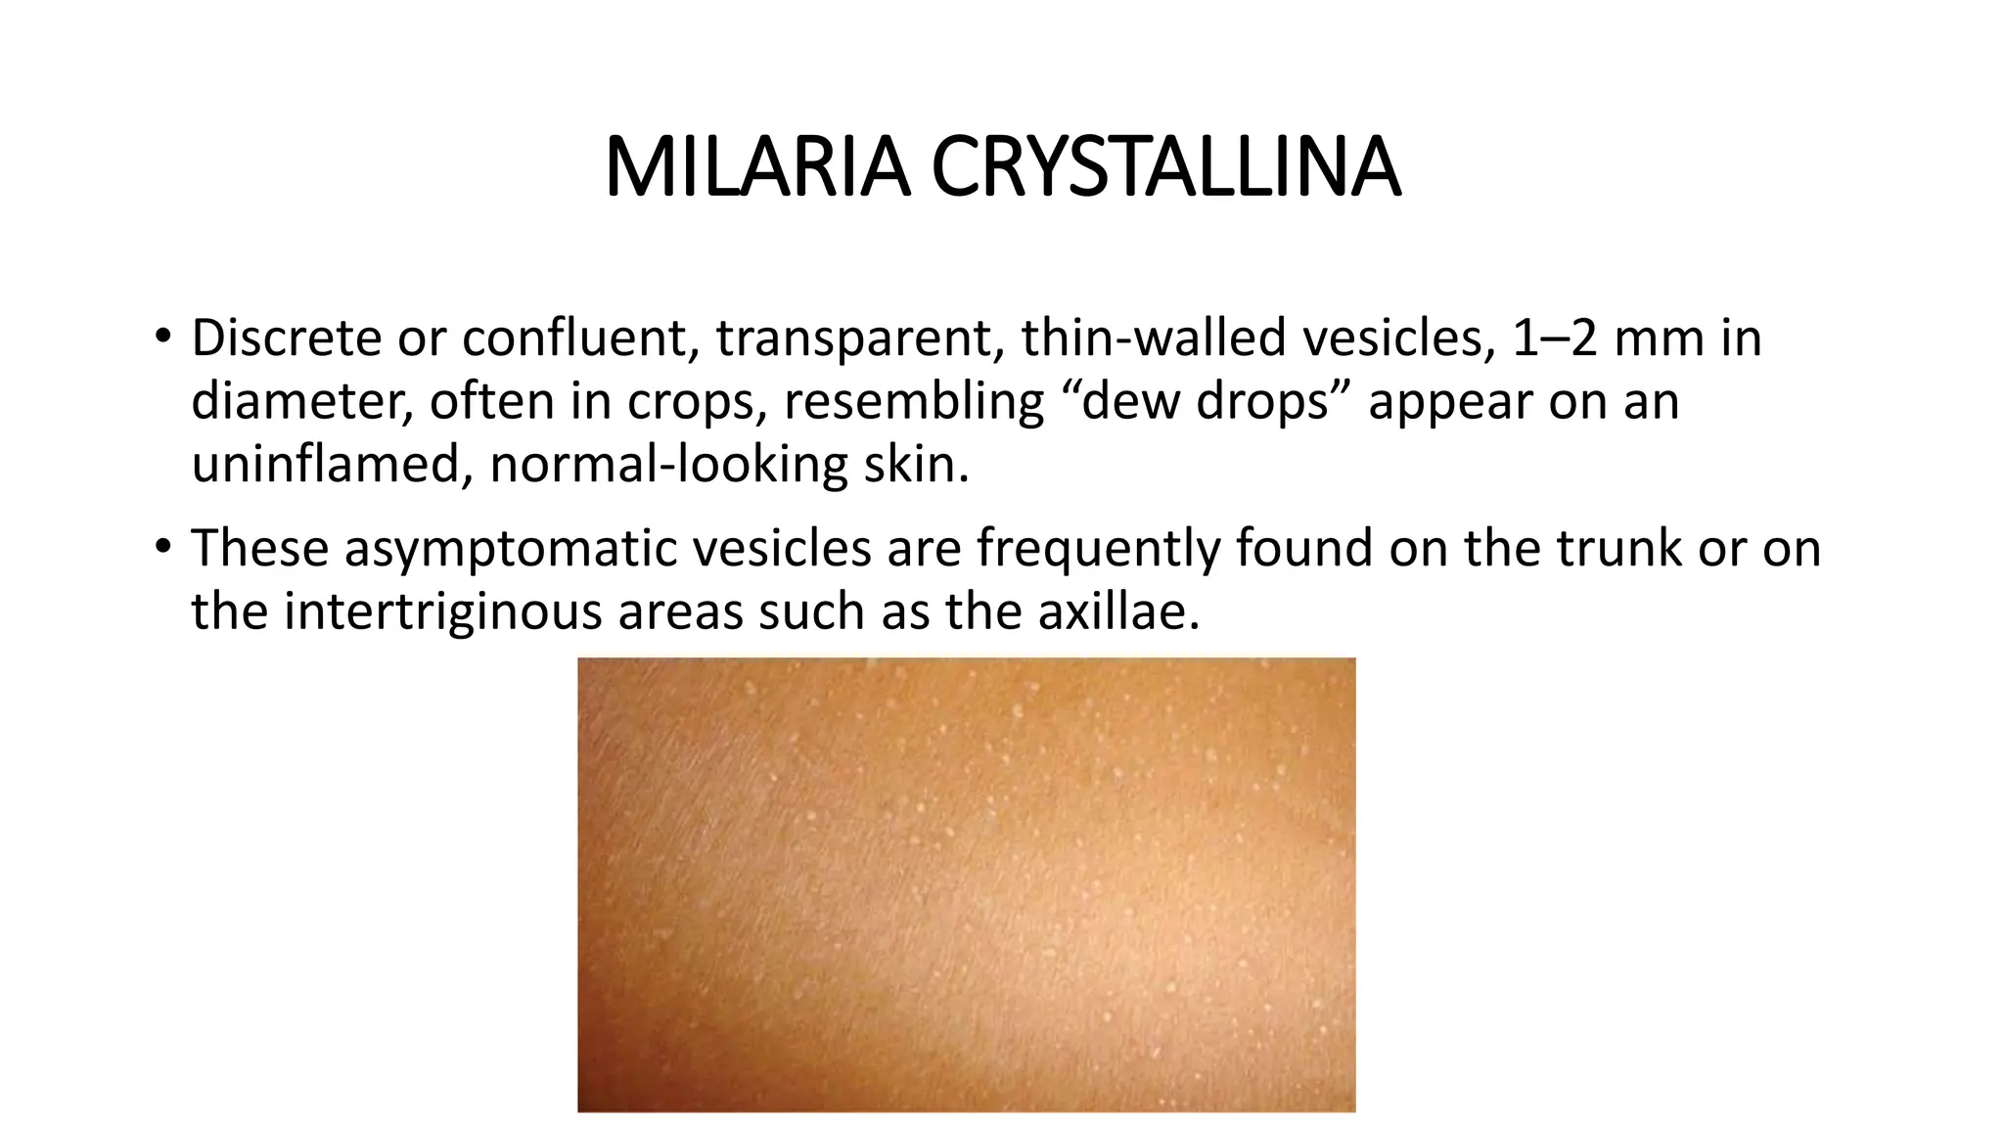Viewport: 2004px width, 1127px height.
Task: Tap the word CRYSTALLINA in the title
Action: pyautogui.click(x=1165, y=168)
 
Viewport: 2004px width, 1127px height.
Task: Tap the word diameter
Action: pyautogui.click(x=299, y=402)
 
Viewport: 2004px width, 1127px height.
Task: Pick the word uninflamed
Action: pyautogui.click(x=325, y=465)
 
